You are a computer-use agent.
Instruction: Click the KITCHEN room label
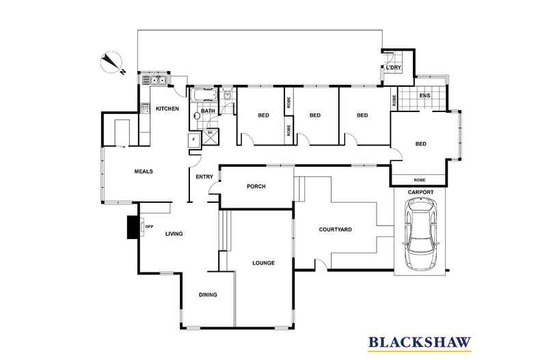coord(167,109)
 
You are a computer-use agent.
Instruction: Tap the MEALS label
coord(144,171)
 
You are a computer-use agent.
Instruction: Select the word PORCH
coord(256,186)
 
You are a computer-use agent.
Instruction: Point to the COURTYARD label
coord(335,230)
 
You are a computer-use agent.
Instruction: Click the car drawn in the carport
coord(421,235)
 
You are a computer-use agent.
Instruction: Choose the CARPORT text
coord(420,192)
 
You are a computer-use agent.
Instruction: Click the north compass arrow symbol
coord(111,62)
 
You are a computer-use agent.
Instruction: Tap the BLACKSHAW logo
coord(420,343)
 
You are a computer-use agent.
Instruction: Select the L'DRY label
coord(394,68)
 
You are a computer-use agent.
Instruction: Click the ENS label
coord(424,96)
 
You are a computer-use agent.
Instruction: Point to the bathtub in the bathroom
coord(204,95)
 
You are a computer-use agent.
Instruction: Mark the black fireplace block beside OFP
coord(133,227)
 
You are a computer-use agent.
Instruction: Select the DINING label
coord(208,295)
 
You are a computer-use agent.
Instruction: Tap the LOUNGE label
coord(263,263)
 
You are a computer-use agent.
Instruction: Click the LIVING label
coord(174,234)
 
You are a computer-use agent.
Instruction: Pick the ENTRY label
coord(204,177)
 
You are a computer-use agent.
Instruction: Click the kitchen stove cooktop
coord(145,108)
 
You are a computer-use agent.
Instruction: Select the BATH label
coord(208,111)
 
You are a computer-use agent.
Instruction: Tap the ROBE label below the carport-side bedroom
coord(420,180)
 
